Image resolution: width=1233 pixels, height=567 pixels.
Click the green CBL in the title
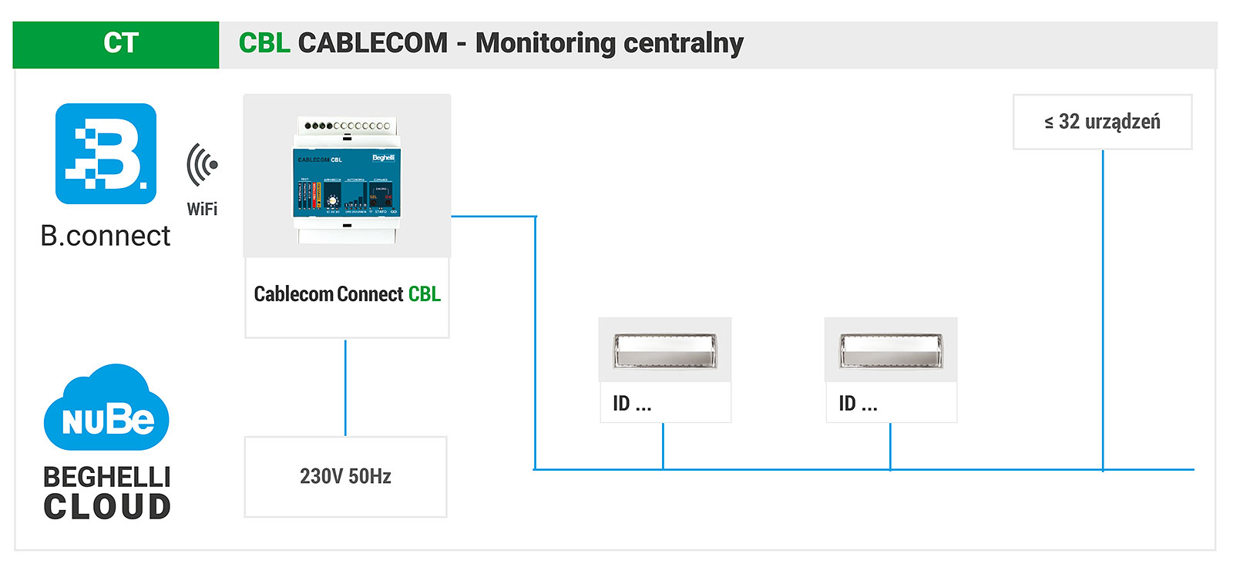(264, 43)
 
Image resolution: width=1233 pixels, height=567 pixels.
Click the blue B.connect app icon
(106, 153)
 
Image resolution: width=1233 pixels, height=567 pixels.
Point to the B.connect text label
(105, 236)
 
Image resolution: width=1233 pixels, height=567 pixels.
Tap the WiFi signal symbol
(202, 164)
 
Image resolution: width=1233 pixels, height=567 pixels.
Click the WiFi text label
(202, 209)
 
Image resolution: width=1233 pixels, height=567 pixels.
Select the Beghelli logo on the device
(383, 158)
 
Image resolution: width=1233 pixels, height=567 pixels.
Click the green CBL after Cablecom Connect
(425, 294)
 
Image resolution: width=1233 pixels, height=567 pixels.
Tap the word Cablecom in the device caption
(293, 294)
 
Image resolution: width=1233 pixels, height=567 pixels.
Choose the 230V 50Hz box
(345, 477)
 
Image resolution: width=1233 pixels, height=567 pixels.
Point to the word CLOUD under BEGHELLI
(106, 507)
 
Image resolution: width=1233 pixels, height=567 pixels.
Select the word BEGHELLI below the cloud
(106, 477)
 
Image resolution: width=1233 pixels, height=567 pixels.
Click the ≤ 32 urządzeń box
(1102, 122)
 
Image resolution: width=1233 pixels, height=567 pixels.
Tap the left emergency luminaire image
(664, 350)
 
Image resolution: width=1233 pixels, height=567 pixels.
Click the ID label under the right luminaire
(858, 404)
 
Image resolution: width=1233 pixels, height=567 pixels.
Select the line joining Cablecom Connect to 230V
(345, 388)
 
